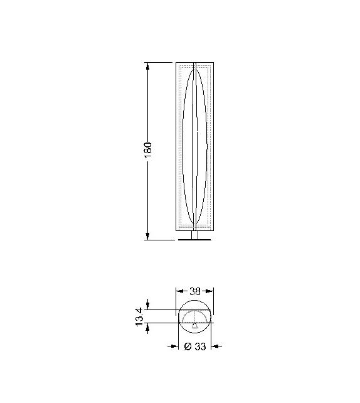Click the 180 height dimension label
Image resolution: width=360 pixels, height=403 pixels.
[x=149, y=151]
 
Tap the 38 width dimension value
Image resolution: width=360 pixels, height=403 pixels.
[x=195, y=291]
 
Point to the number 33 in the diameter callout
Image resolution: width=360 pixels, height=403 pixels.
[x=199, y=347]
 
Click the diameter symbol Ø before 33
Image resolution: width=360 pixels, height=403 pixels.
[x=188, y=347]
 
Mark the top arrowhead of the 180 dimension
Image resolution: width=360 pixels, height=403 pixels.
[x=148, y=66]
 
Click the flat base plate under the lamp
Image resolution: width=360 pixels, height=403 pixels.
[x=195, y=241]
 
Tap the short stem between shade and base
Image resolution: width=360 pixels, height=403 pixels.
[x=195, y=235]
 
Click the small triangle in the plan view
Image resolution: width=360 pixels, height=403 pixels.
[x=195, y=326]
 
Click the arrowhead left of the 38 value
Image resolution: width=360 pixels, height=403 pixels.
[x=180, y=291]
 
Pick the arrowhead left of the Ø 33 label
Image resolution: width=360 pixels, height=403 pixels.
[x=176, y=346]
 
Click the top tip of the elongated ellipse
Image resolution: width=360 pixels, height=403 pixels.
[x=195, y=65]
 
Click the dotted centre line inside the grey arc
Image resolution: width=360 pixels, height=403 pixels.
[x=195, y=318]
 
